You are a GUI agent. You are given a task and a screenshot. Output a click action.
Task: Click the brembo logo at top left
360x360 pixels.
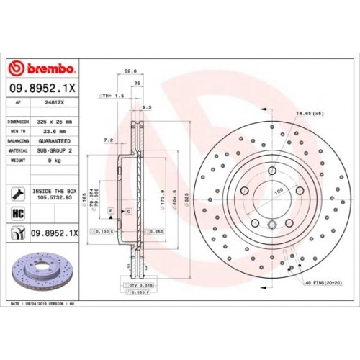pyautogui.click(x=42, y=68)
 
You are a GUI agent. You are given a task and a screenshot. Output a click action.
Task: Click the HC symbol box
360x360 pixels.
pyautogui.click(x=19, y=214)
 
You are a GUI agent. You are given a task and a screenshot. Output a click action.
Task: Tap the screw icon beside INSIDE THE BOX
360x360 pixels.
pyautogui.click(x=18, y=193)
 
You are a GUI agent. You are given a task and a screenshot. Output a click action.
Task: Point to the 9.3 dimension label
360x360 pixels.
pyautogui.click(x=148, y=107)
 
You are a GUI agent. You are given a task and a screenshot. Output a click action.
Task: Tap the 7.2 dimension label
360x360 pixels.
pyautogui.click(x=109, y=140)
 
